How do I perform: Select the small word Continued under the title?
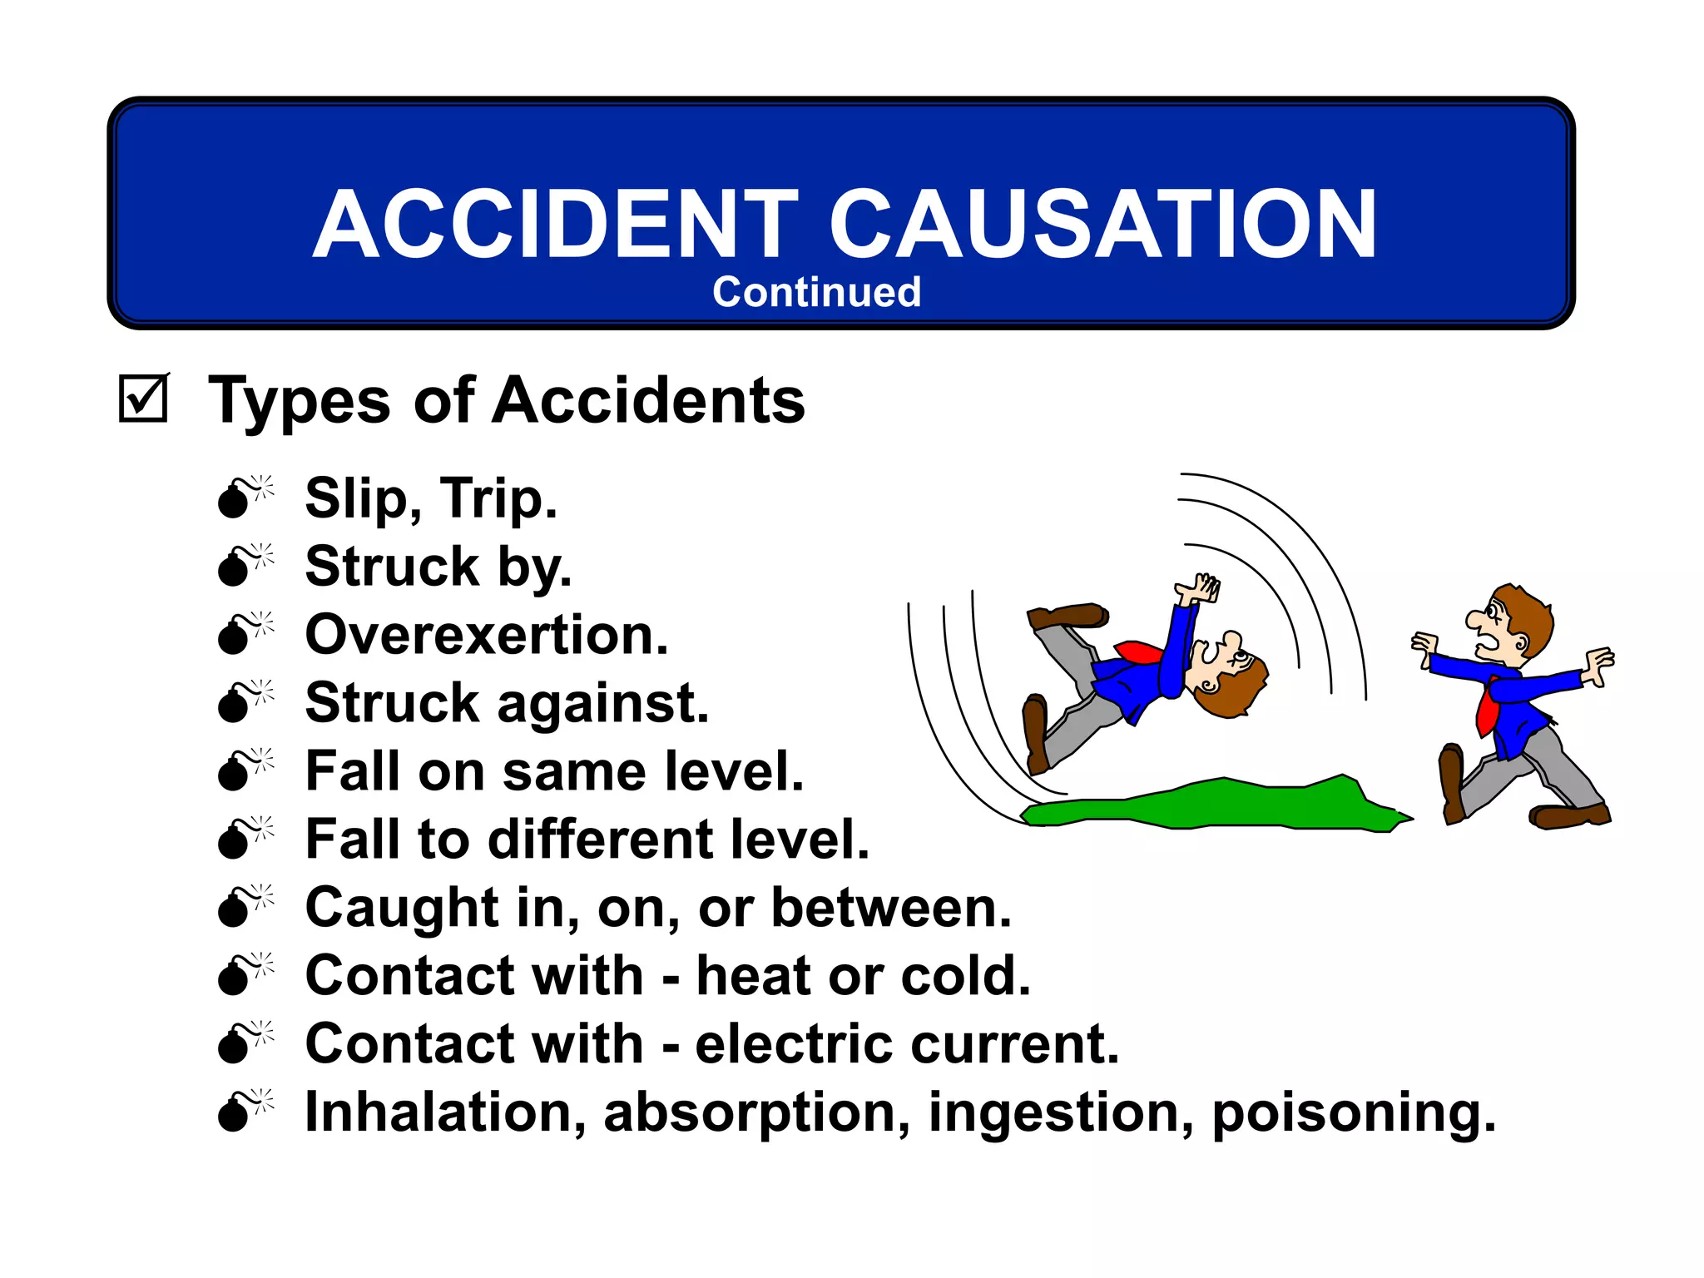816,292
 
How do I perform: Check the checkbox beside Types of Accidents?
143,399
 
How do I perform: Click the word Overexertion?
487,635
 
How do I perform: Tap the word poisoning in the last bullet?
1354,1113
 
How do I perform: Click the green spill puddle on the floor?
1215,804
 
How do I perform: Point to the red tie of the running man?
1487,707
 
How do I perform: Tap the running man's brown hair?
1527,612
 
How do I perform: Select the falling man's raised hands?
1199,589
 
